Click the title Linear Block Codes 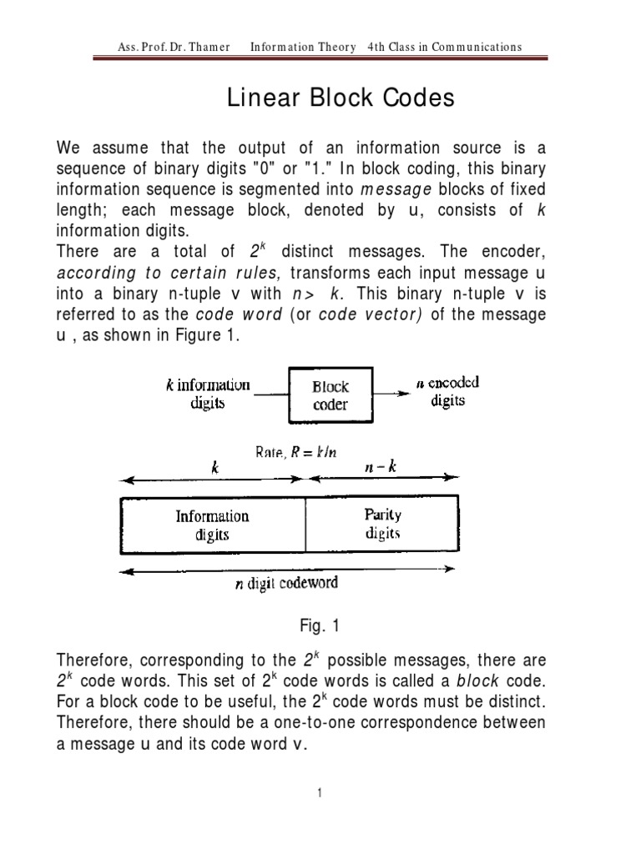(341, 98)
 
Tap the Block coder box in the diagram (331, 396)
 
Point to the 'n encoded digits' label (447, 391)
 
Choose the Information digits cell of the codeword (212, 525)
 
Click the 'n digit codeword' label (285, 583)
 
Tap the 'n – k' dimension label (381, 467)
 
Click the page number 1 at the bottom (320, 792)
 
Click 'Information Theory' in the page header (303, 47)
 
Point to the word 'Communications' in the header (474, 47)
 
